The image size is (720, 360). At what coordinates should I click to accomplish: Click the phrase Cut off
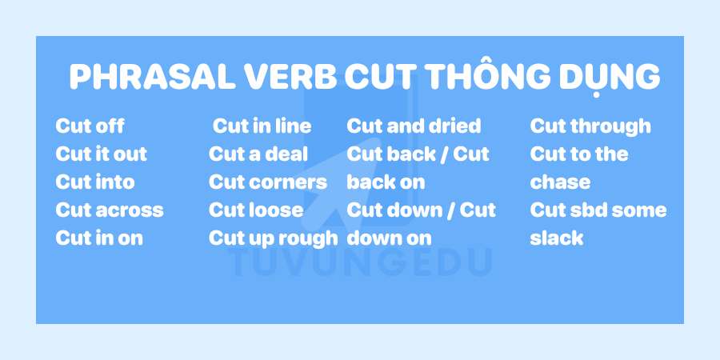pyautogui.click(x=90, y=126)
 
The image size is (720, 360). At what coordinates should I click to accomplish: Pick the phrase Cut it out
pyautogui.click(x=102, y=154)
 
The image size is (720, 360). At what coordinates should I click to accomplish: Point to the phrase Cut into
pyautogui.click(x=95, y=182)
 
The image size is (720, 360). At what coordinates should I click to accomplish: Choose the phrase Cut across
pyautogui.click(x=110, y=210)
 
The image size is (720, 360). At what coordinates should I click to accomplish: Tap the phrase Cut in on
pyautogui.click(x=99, y=238)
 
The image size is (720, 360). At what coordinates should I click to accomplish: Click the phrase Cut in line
pyautogui.click(x=262, y=126)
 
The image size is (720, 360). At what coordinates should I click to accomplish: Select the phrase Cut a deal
pyautogui.click(x=258, y=154)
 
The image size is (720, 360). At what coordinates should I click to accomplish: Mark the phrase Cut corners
pyautogui.click(x=268, y=182)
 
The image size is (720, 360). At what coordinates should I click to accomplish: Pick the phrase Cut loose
pyautogui.click(x=256, y=210)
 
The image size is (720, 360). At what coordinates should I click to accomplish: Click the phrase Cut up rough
pyautogui.click(x=274, y=238)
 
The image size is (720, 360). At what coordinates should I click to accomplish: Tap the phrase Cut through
pyautogui.click(x=590, y=126)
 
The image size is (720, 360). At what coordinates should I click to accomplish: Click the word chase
pyautogui.click(x=560, y=182)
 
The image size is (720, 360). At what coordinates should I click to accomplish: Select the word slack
pyautogui.click(x=557, y=238)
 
